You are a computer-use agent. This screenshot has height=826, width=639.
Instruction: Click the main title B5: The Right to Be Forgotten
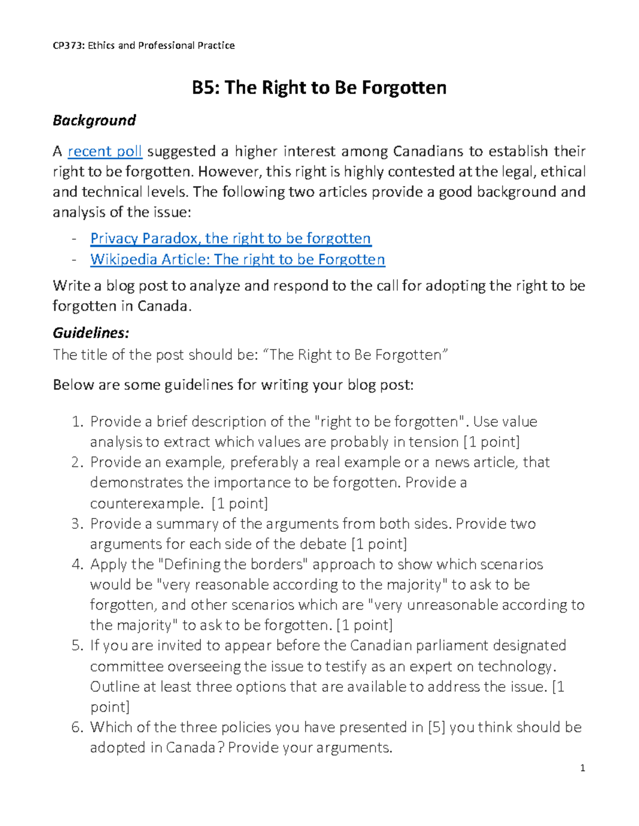(319, 87)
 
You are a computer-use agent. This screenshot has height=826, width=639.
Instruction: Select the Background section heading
(94, 120)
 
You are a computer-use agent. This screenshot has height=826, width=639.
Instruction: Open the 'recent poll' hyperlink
(105, 152)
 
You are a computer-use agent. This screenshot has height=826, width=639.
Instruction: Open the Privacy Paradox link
(231, 238)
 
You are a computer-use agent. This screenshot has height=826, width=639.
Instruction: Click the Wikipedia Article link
(237, 259)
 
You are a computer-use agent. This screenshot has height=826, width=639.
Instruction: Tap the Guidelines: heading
(91, 333)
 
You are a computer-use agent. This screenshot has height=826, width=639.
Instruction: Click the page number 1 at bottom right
(583, 768)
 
